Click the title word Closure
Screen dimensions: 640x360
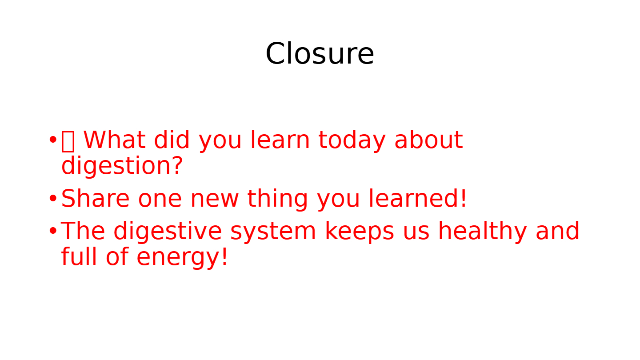320,53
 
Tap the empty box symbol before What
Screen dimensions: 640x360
68,141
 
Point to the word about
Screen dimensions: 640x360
428,140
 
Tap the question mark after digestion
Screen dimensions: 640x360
177,165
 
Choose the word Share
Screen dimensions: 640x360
96,198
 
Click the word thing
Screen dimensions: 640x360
277,200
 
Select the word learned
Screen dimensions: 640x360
414,198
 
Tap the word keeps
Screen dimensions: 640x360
360,232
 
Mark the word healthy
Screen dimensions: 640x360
482,232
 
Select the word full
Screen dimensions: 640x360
79,256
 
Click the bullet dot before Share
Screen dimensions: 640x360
53,198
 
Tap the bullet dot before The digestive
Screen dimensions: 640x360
53,231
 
